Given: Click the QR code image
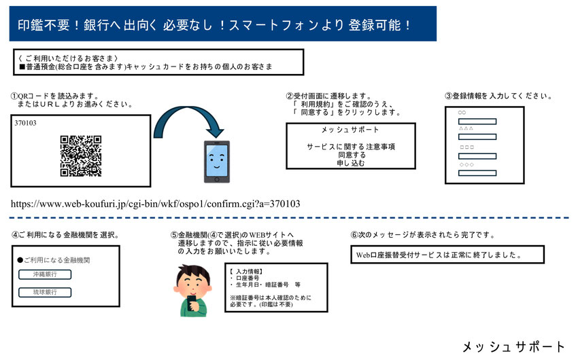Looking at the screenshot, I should click(81, 156).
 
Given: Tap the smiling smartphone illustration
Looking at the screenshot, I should click(217, 162).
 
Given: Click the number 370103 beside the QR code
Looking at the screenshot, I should click(26, 124).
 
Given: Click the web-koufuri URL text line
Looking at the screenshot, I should click(156, 203).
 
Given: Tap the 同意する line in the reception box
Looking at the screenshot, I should click(351, 155).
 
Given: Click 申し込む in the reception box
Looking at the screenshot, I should click(351, 163).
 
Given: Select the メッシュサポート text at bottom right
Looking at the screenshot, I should click(513, 347).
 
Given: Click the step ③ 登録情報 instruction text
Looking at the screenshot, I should click(498, 96).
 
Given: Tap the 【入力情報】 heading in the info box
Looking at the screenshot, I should click(247, 270).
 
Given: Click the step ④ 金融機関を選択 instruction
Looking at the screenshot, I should click(65, 235).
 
